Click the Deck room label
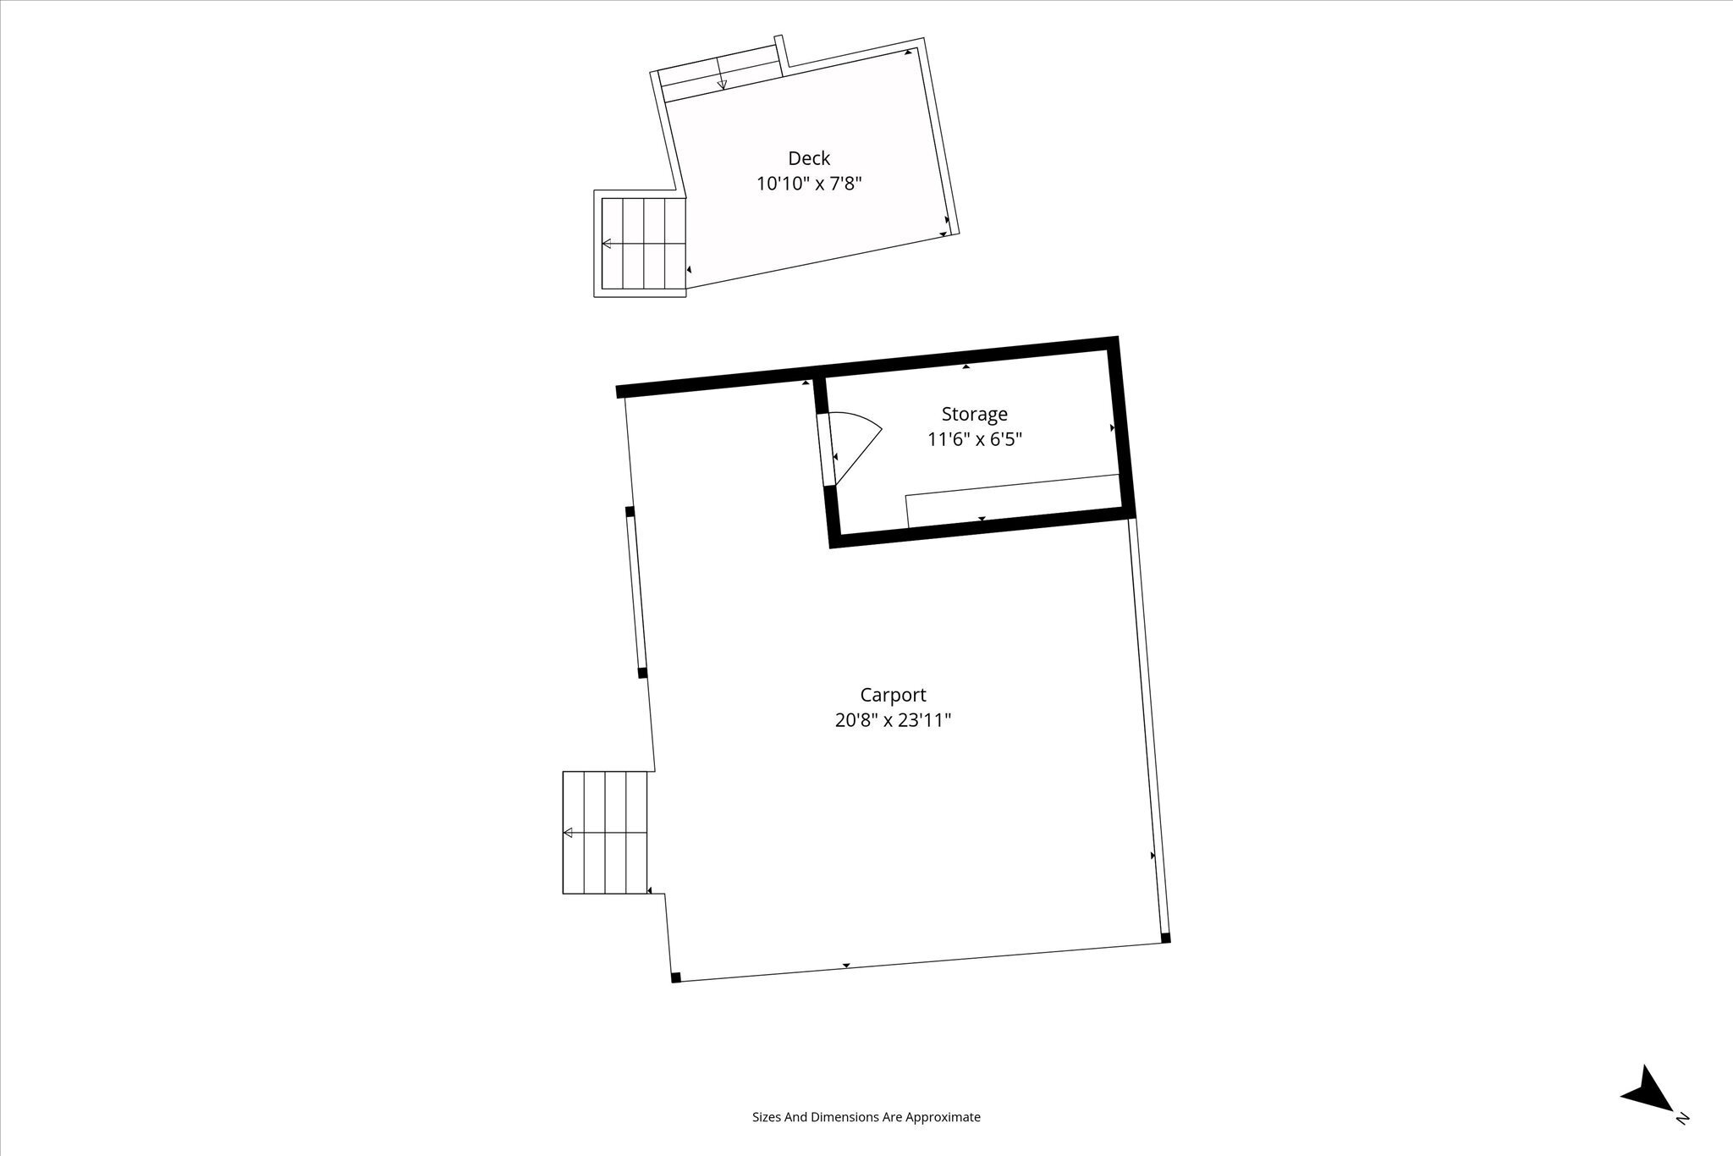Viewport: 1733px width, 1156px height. click(x=809, y=158)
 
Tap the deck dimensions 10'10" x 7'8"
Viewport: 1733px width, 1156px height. click(x=809, y=184)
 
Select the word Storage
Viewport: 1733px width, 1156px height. click(x=975, y=414)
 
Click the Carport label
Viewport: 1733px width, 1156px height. click(x=894, y=695)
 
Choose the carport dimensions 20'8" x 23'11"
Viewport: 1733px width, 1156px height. click(x=894, y=720)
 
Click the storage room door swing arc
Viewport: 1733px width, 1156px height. click(x=863, y=449)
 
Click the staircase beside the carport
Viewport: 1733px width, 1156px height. click(x=605, y=832)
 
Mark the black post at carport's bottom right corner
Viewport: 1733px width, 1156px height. click(x=1165, y=938)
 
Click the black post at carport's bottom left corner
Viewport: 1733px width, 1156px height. click(x=675, y=977)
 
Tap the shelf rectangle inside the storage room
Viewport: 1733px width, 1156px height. click(x=1014, y=501)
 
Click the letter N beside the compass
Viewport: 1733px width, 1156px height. click(x=1682, y=1142)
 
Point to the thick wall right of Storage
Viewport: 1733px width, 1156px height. click(x=1122, y=427)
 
